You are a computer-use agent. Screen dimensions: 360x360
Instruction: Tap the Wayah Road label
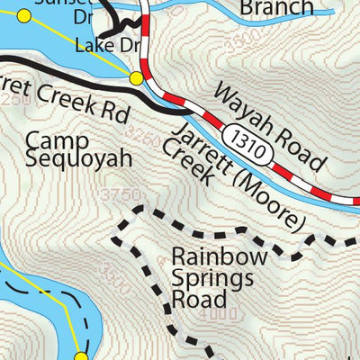[269, 125]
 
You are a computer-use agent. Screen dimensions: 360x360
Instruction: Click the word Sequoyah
[78, 159]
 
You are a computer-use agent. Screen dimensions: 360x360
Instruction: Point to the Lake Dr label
[106, 45]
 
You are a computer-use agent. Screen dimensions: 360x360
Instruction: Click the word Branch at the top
[276, 8]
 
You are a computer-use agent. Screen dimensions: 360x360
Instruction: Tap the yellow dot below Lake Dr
[136, 78]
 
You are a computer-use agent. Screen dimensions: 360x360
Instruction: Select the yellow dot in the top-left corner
[24, 15]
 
